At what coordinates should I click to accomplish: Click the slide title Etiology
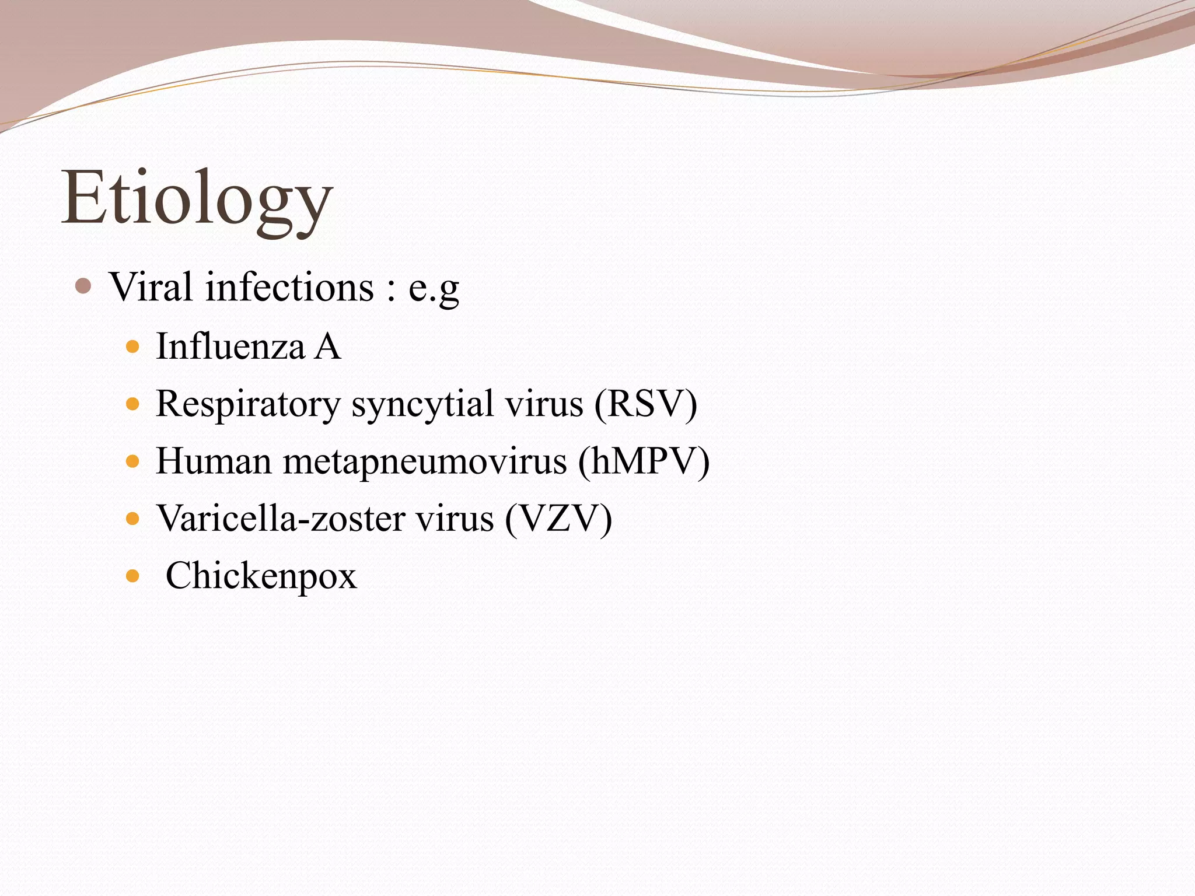(197, 198)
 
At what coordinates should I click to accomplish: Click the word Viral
(151, 287)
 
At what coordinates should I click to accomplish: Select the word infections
(289, 287)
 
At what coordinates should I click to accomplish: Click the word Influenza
(230, 346)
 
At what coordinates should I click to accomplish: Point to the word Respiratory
(248, 404)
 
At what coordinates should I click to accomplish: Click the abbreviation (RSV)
(646, 404)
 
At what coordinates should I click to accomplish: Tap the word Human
(214, 461)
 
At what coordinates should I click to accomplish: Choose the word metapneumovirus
(425, 461)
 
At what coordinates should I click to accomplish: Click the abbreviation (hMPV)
(644, 461)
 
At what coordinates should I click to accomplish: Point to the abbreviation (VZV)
(559, 518)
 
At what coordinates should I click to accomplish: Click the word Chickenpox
(261, 576)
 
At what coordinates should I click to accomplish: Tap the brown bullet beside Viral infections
(83, 286)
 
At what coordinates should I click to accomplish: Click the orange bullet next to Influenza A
(133, 347)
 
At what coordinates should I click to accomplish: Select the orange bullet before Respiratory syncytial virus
(133, 404)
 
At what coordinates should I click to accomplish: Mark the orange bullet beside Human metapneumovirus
(133, 461)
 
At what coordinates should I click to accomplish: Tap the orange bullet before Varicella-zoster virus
(133, 519)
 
